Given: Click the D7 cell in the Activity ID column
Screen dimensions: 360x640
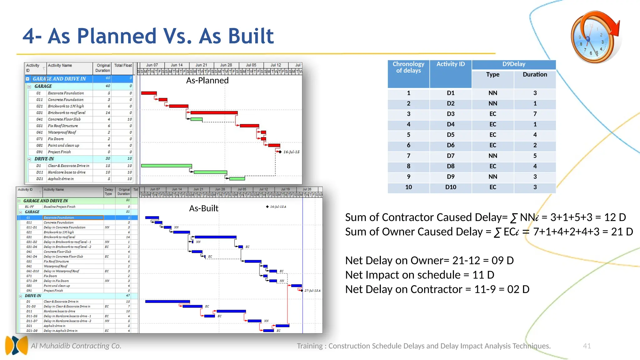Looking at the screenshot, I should tap(450, 156).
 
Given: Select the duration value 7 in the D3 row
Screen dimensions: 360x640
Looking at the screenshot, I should tap(535, 114).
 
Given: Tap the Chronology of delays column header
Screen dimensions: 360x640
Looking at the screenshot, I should tap(408, 67).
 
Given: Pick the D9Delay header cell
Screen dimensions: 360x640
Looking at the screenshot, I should tap(513, 64).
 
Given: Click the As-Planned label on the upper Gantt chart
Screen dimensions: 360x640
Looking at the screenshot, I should tap(207, 81).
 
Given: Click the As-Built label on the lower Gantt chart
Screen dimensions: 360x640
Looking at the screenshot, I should tap(203, 208).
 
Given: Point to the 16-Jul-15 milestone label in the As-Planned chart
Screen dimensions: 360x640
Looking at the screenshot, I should tap(291, 152).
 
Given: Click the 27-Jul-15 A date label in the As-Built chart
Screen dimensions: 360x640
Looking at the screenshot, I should tap(312, 291).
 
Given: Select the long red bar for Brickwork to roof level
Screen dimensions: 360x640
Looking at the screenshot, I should tap(214, 112).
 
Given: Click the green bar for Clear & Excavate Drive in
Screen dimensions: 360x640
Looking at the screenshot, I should tap(166, 166).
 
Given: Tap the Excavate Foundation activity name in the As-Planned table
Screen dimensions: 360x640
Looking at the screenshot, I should tap(66, 93).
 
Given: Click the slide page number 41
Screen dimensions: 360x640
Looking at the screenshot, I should tap(587, 346).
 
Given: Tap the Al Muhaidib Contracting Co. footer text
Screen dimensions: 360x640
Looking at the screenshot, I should tap(76, 346).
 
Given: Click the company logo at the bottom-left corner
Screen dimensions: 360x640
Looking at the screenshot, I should tap(17, 345).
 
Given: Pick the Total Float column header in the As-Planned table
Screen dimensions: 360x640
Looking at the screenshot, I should tap(123, 66).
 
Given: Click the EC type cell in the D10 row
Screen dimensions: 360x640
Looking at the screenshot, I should tap(492, 187).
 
